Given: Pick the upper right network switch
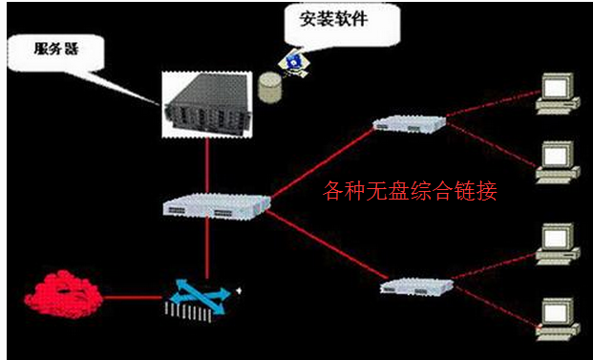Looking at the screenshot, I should click(408, 122).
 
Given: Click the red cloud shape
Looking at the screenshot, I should click(60, 292).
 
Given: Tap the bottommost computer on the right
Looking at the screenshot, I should click(556, 316).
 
